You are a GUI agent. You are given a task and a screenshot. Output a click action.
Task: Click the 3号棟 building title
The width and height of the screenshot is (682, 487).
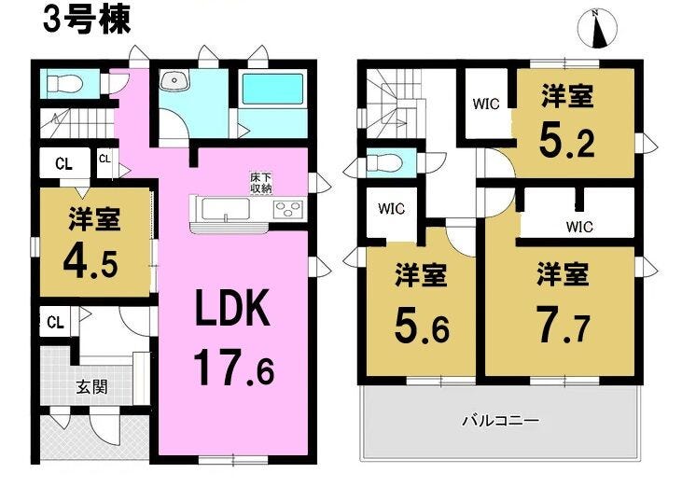tap(87, 21)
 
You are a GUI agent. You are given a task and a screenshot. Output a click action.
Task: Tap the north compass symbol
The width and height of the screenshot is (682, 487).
tap(598, 29)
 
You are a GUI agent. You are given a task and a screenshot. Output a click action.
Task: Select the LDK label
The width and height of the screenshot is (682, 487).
tap(232, 308)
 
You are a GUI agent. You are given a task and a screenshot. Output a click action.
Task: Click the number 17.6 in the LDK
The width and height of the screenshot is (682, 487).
tap(233, 369)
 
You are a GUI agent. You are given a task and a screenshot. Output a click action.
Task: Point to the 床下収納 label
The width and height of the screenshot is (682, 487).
tap(260, 183)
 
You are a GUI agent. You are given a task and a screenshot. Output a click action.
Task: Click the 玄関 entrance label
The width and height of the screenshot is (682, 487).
tap(91, 386)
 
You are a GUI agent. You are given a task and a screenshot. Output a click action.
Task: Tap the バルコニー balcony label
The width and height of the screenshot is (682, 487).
tap(500, 421)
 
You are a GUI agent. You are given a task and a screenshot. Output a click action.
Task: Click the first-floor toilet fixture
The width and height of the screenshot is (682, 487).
tap(64, 83)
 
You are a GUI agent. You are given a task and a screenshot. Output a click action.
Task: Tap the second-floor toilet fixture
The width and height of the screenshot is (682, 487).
tap(384, 162)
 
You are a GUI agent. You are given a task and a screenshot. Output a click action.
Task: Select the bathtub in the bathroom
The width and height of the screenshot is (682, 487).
tap(272, 90)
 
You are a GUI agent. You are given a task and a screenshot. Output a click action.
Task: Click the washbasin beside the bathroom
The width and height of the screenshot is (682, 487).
tap(174, 80)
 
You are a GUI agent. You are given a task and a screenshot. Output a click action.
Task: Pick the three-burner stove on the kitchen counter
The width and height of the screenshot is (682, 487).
tap(288, 208)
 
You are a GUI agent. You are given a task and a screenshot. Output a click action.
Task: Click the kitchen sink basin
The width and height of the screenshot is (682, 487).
tap(226, 209)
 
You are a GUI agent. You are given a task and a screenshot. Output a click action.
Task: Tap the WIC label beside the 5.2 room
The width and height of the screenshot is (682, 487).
tap(486, 104)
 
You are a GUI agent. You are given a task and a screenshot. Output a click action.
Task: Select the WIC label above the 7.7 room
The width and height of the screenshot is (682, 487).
tap(579, 227)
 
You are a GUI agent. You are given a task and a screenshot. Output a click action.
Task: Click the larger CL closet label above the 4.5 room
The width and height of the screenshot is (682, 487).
tap(63, 164)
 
